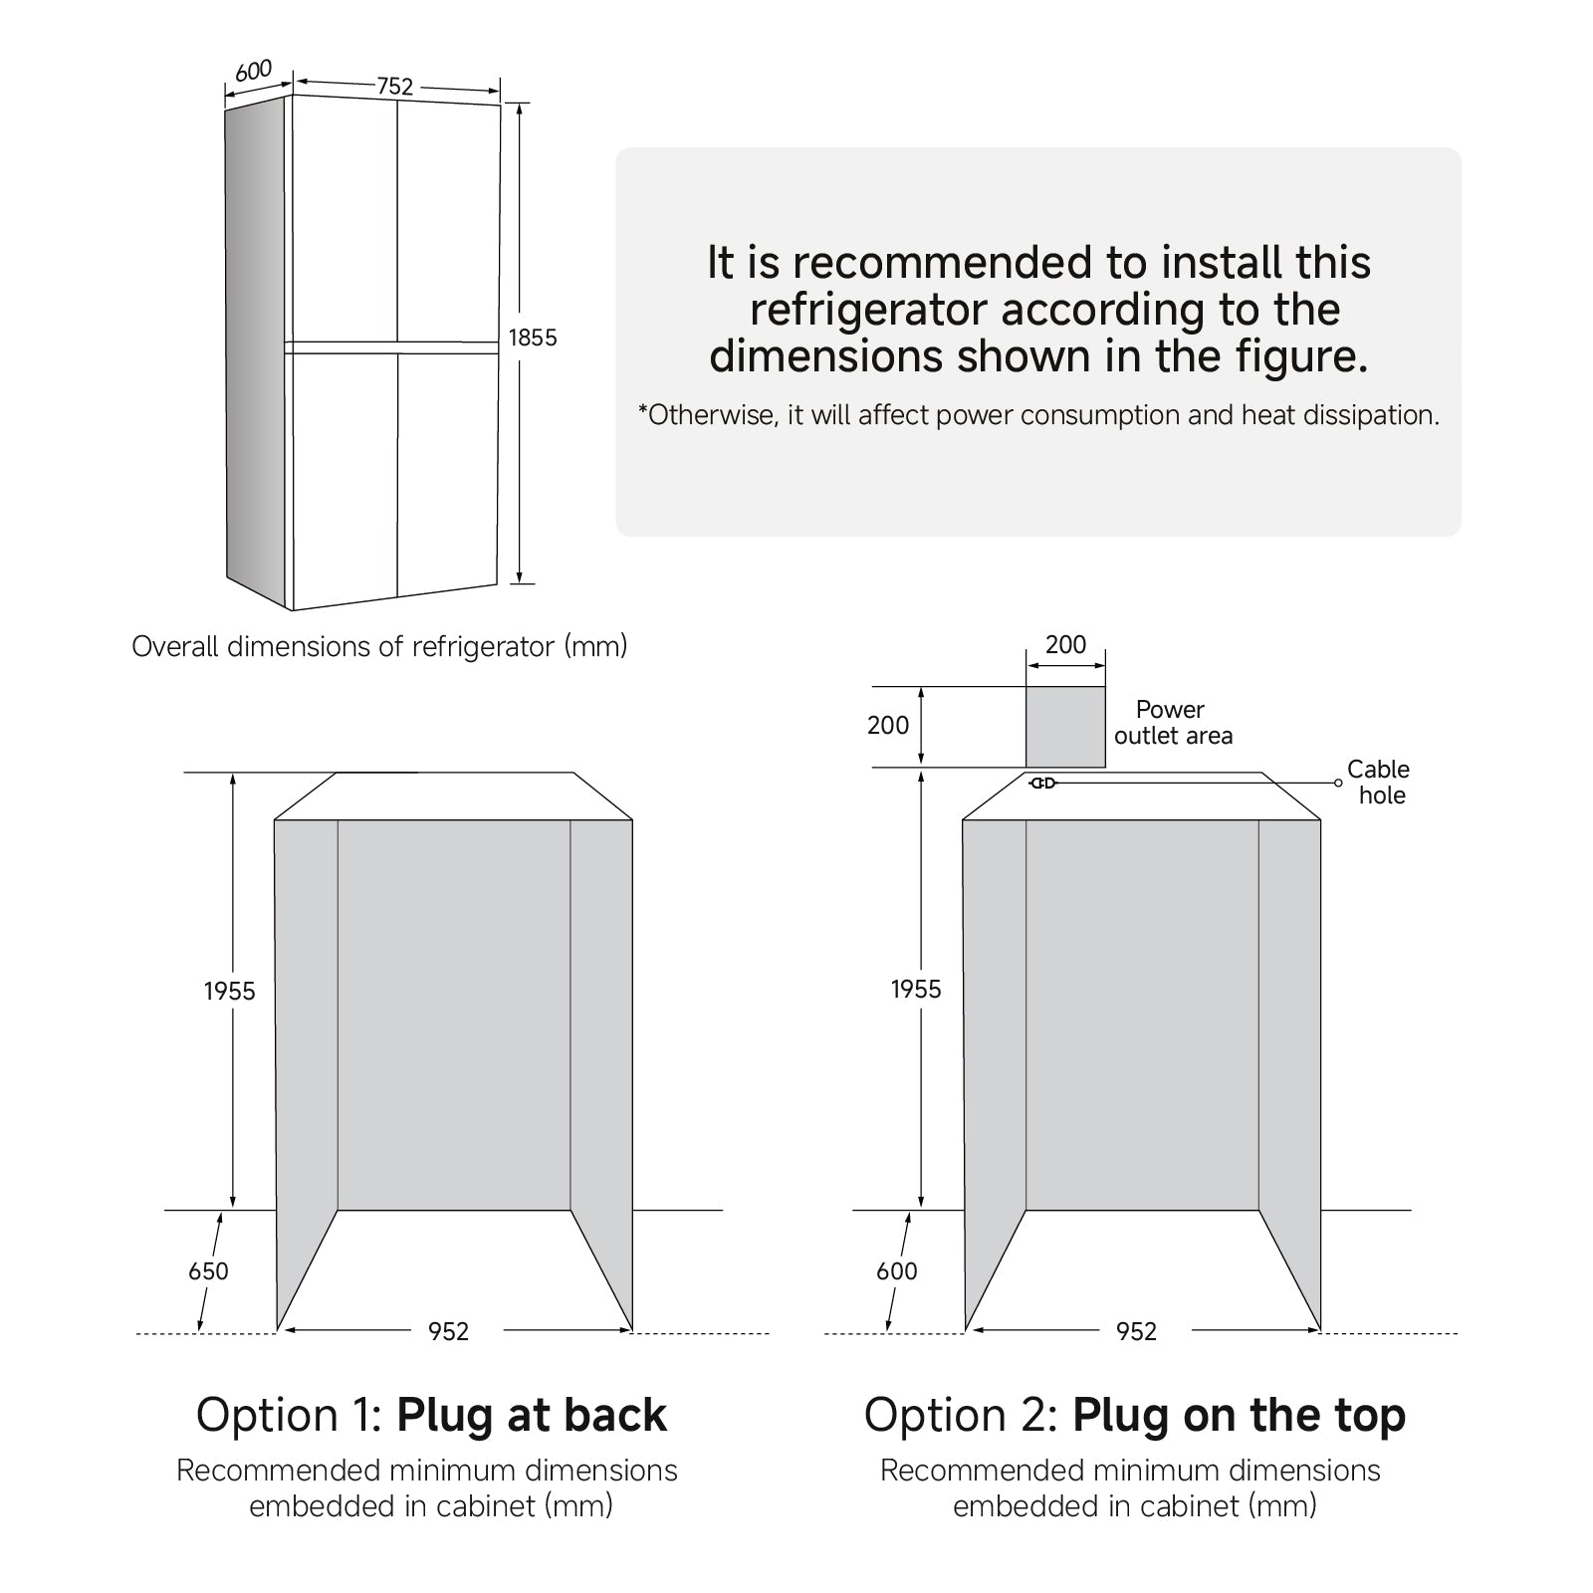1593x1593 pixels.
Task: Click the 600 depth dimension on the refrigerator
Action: pos(254,72)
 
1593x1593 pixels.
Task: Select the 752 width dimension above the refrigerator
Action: pos(394,87)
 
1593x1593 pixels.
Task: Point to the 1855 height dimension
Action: pos(533,338)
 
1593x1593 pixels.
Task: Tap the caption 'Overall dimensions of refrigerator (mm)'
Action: pos(379,647)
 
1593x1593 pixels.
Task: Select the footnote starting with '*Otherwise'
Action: pos(1038,415)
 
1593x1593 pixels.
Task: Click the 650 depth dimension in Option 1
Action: pos(208,1271)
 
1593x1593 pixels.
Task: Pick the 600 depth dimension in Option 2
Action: pos(896,1271)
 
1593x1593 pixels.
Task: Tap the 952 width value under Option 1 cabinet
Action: pos(448,1331)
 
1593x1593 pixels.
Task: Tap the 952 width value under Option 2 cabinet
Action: pos(1136,1331)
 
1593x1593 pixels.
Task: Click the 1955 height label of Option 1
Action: pos(230,991)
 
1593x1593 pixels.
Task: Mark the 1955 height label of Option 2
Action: pos(916,989)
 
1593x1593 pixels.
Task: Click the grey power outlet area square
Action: pos(1065,727)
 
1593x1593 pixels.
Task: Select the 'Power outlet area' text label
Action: pos(1172,723)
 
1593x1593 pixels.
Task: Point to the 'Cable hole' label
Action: pos(1379,783)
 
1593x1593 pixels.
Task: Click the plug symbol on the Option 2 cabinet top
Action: pos(1042,784)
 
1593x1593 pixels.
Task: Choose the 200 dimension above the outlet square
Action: pos(1065,645)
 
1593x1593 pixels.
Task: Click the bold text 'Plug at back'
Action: pos(532,1415)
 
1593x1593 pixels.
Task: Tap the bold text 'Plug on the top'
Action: pos(1239,1415)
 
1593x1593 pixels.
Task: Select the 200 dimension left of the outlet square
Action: pos(888,726)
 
